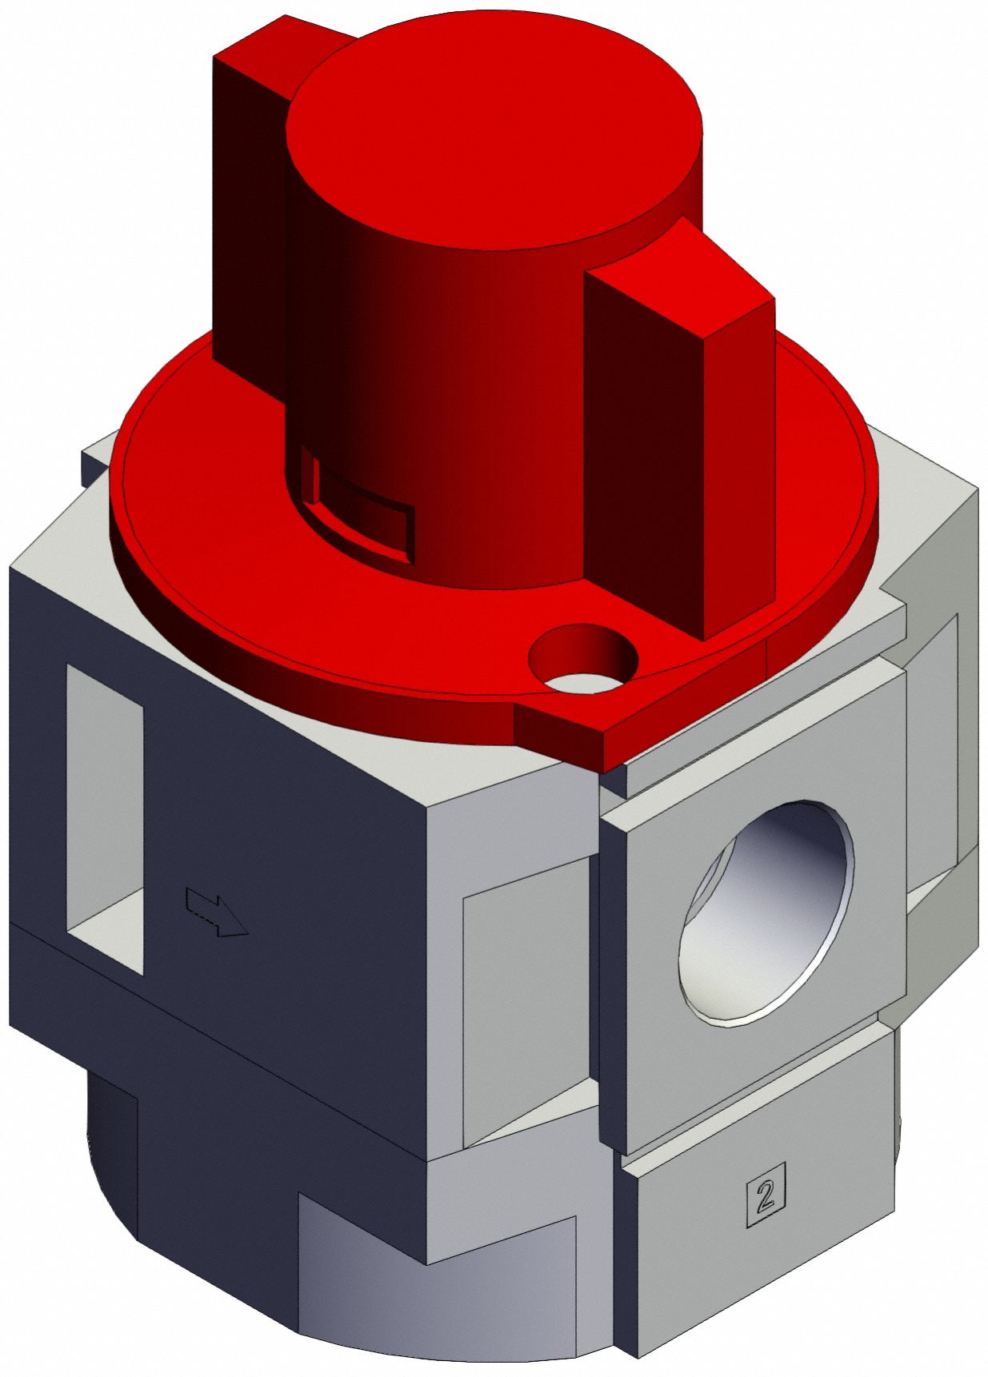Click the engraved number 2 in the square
766,1193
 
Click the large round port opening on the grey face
766,912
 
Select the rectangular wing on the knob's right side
680,448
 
